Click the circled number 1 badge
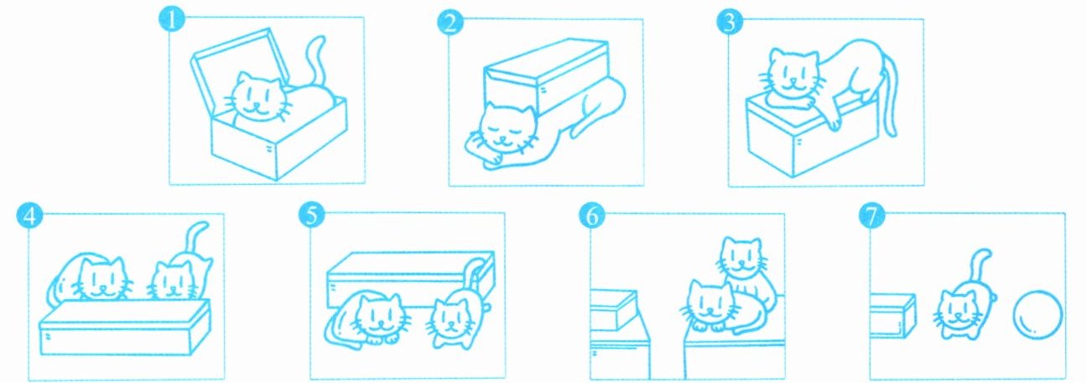pyautogui.click(x=172, y=19)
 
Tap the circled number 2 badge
pyautogui.click(x=450, y=22)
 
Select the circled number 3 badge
pyautogui.click(x=730, y=22)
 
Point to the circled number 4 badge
pyautogui.click(x=29, y=217)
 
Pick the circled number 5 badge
pyautogui.click(x=312, y=215)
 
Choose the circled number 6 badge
pyautogui.click(x=592, y=216)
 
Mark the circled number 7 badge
pyautogui.click(x=872, y=216)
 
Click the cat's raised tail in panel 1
pyautogui.click(x=316, y=60)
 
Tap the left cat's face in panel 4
pyautogui.click(x=103, y=279)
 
